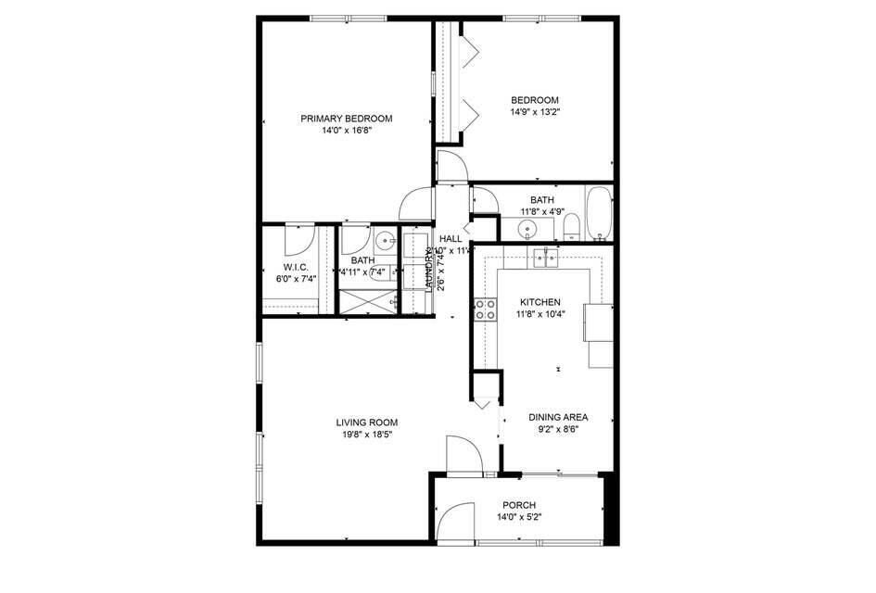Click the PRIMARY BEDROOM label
coord(346,119)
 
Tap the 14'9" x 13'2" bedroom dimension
coord(535,112)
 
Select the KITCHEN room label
coord(539,302)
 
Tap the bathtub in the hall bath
coord(599,213)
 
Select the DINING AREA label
coord(558,417)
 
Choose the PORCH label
coord(519,505)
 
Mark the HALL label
coord(451,239)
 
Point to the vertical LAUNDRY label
coord(429,271)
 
